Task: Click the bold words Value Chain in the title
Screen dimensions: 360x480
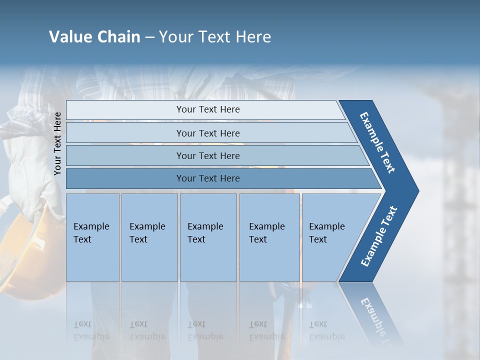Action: pos(94,37)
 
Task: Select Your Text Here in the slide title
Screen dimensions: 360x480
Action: pos(215,37)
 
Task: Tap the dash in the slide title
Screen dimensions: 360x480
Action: pos(149,37)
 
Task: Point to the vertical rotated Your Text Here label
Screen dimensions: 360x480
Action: pos(57,143)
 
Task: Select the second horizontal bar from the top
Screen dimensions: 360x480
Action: pos(207,133)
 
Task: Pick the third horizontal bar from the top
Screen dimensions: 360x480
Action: pos(207,155)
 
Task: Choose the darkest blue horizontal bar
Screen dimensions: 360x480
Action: pos(207,178)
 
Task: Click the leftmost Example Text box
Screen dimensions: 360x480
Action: pos(92,237)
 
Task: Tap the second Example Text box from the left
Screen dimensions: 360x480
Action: pos(149,237)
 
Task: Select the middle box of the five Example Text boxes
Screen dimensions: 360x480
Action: pos(207,237)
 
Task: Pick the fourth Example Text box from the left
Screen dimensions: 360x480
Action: pos(269,237)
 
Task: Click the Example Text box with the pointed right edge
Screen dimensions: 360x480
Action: pos(332,237)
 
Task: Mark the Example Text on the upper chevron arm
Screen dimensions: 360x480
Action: pos(377,142)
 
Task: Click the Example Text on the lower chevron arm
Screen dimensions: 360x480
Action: pos(379,236)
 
